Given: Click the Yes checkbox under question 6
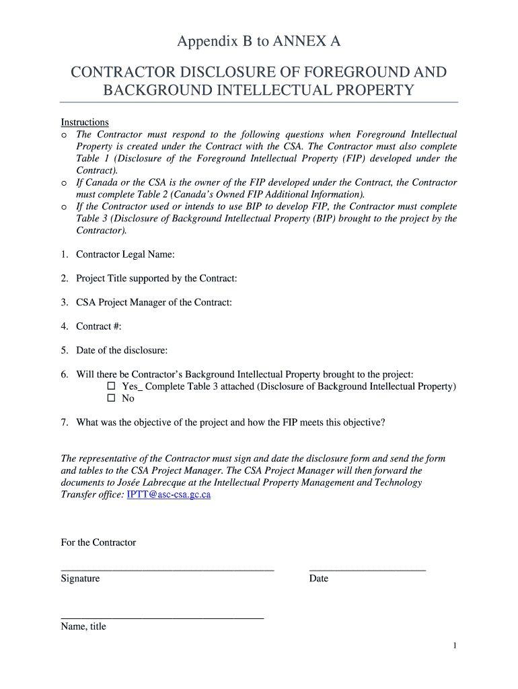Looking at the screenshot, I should coord(112,387).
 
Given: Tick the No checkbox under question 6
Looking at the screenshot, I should coord(112,399).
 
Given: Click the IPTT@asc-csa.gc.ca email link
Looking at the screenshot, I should coord(169,495).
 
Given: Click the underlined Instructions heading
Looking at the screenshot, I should coord(85,122).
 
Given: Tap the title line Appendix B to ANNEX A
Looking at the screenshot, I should coord(259,42).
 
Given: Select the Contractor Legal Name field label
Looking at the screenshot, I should coord(125,254).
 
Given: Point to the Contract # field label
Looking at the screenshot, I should coord(98,326).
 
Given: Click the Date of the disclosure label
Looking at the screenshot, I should coord(122,351).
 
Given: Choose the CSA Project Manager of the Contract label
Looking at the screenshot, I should coord(154,303).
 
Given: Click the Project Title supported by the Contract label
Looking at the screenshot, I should coord(156,279).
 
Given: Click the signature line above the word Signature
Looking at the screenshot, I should coord(168,569).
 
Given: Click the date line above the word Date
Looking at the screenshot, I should coord(367,569).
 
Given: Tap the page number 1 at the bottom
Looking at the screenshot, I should coord(455,647).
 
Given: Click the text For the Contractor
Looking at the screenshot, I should coord(98,543).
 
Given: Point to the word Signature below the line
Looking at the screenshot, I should coord(80,579).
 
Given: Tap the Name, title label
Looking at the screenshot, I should coord(83,626).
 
